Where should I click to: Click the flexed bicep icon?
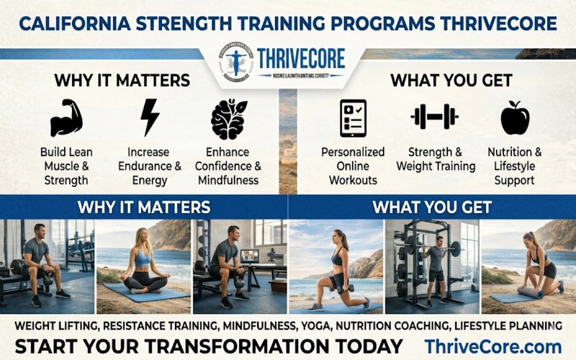click(66, 118)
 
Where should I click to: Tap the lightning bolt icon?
click(150, 117)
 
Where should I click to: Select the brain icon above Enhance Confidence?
click(228, 118)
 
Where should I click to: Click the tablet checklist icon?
click(352, 118)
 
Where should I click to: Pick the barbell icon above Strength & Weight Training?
click(434, 117)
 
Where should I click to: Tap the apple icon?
click(515, 118)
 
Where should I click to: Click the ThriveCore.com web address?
click(492, 345)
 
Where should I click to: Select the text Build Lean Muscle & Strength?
click(66, 166)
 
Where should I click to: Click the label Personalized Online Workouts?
click(352, 166)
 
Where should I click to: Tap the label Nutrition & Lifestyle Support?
click(515, 166)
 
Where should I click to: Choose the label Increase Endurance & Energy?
click(150, 166)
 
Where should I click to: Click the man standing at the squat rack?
click(435, 263)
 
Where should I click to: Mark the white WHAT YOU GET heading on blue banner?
click(432, 208)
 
